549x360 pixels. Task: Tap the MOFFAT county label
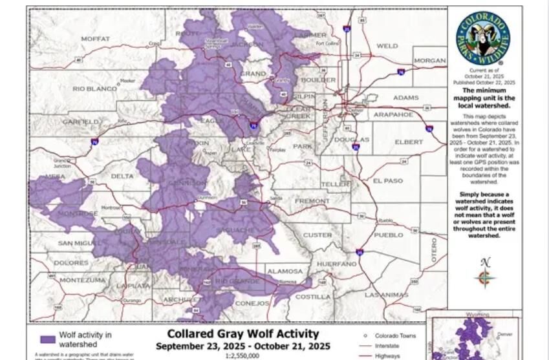point(95,39)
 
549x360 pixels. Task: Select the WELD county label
point(387,47)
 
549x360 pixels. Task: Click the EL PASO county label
point(387,181)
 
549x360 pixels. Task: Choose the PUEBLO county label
point(388,235)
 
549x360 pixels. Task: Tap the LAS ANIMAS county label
point(386,295)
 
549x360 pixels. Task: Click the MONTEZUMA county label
point(82,281)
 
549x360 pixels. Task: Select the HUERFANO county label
point(336,264)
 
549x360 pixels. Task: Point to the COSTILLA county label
point(313,297)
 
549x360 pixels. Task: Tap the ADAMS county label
point(405,98)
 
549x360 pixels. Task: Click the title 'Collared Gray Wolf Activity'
point(242,334)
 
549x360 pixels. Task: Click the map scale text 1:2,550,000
point(242,355)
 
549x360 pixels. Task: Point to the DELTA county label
point(122,176)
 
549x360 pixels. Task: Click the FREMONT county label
point(312,202)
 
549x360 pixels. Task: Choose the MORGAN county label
point(429,61)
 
